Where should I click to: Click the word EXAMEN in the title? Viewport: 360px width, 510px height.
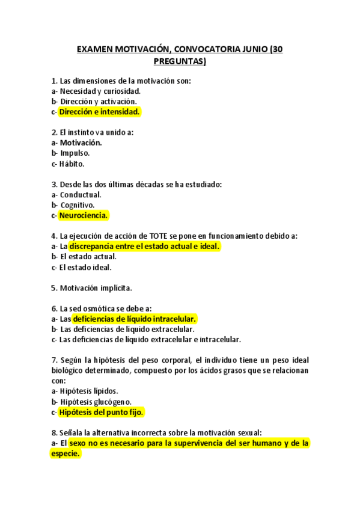96,50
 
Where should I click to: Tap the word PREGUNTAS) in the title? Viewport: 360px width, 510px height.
180,61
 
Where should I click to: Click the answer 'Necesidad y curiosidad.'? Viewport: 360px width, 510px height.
100,91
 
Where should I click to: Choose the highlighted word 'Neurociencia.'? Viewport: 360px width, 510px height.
84,215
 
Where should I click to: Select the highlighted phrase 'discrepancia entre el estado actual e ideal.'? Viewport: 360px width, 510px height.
145,246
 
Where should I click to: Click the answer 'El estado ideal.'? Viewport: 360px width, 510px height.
85,267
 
